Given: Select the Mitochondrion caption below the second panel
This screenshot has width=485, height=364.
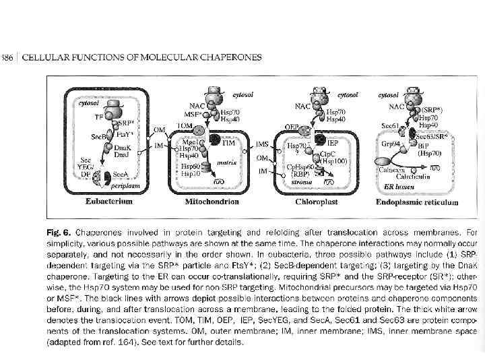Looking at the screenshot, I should click(x=213, y=201).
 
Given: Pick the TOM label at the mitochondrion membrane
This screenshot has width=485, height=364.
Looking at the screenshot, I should click(x=184, y=125).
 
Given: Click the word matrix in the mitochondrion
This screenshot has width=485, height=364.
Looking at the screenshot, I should click(x=226, y=162).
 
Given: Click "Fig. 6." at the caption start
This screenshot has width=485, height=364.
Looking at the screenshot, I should click(x=59, y=231).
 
